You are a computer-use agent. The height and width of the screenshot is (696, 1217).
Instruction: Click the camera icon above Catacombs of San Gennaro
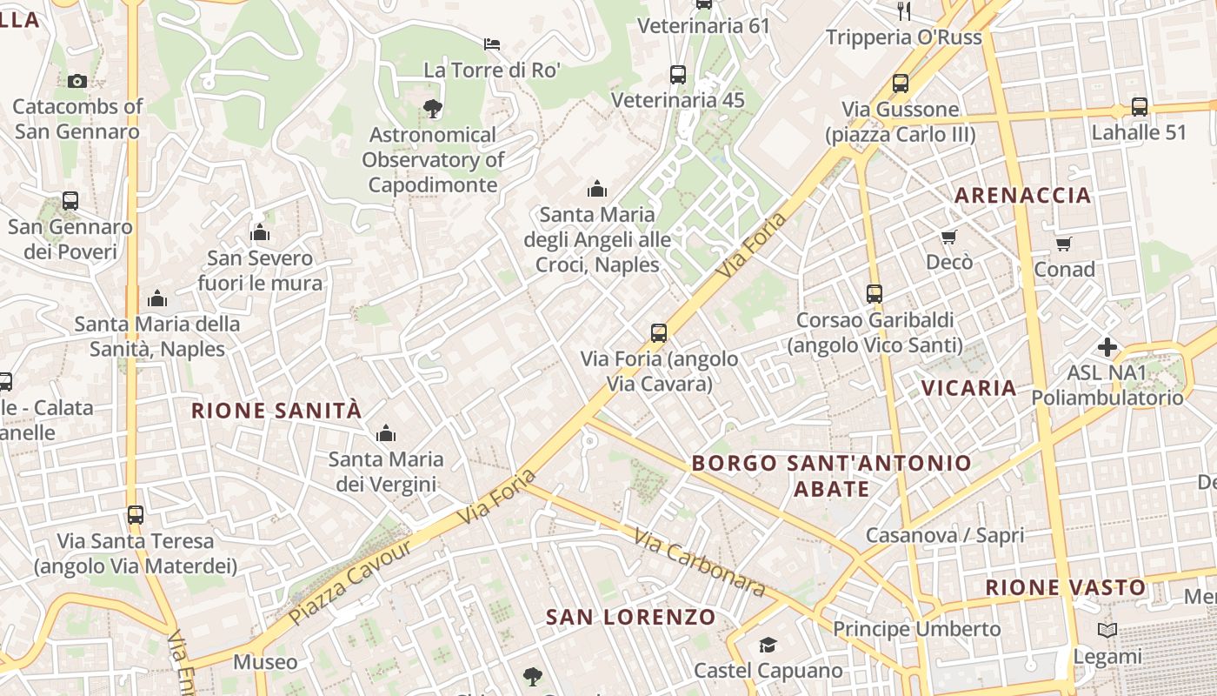[x=77, y=81]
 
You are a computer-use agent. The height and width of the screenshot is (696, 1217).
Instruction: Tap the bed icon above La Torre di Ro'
[x=492, y=43]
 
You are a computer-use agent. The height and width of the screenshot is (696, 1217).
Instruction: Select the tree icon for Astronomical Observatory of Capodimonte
[x=432, y=109]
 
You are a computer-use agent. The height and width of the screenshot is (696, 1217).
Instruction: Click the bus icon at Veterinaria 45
[x=678, y=75]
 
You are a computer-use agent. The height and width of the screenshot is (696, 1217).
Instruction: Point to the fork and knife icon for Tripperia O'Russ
[x=904, y=11]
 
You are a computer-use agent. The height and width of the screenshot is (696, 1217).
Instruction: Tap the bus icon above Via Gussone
[x=901, y=84]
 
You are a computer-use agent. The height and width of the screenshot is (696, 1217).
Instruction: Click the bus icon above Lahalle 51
[x=1139, y=107]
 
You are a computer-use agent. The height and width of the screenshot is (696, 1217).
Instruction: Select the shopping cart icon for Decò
[x=949, y=237]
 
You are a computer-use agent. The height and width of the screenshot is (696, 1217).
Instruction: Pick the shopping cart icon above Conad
[x=1064, y=244]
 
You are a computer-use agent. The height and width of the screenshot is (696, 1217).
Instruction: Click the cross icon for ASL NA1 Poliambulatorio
[x=1107, y=347]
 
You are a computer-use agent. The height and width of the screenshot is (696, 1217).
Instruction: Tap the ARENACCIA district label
[x=1023, y=195]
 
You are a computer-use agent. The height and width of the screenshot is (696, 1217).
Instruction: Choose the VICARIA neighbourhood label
[x=968, y=388]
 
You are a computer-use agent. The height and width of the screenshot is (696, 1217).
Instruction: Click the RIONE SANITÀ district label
[x=276, y=411]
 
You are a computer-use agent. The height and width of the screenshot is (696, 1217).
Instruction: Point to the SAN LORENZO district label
[x=631, y=618]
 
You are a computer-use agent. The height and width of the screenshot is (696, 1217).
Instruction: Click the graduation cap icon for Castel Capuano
[x=768, y=645]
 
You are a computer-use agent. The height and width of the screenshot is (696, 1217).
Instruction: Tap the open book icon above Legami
[x=1107, y=630]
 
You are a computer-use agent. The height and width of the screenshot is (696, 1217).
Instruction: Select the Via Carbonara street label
[x=700, y=563]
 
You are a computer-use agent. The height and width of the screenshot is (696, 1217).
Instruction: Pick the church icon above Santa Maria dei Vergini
[x=386, y=433]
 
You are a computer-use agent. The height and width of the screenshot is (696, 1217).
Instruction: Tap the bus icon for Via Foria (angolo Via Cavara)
[x=659, y=332]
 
